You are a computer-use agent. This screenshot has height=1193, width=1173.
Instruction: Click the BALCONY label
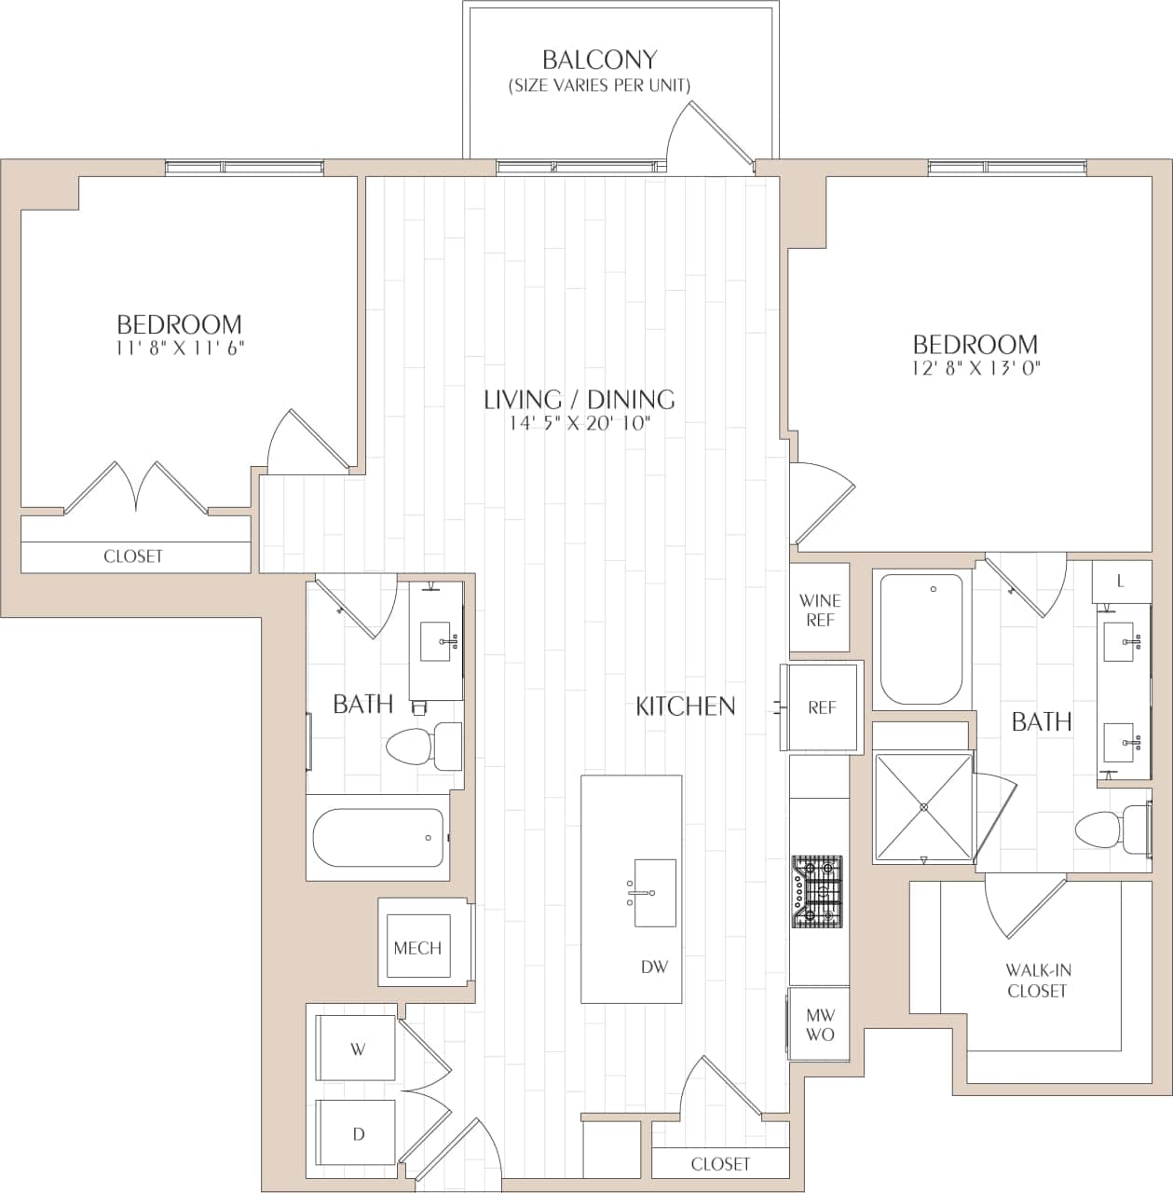(599, 61)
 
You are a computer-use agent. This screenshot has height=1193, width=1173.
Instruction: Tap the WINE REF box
(819, 610)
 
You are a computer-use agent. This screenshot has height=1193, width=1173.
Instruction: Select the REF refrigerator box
(822, 707)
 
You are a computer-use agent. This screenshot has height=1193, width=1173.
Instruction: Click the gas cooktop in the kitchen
(817, 893)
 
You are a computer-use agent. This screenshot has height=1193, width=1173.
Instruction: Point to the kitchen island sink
(654, 893)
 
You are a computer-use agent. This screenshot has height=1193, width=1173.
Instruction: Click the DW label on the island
(654, 967)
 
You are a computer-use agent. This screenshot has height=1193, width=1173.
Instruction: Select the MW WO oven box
(820, 1024)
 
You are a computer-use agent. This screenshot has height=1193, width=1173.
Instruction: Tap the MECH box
(417, 948)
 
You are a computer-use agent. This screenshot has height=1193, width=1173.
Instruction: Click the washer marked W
(357, 1049)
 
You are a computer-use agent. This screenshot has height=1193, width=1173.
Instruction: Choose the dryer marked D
(357, 1133)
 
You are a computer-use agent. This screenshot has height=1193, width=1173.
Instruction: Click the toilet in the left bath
(424, 747)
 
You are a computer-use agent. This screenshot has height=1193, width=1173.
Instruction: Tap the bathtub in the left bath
(378, 837)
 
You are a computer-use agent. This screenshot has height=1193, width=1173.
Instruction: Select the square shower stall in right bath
(923, 807)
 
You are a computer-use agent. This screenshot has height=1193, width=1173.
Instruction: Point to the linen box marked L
(1120, 581)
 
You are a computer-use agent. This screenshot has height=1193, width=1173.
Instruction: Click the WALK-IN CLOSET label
(1036, 980)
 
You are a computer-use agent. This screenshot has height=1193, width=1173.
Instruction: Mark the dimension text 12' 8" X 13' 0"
(975, 367)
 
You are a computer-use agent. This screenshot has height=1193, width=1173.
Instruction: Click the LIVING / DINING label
(579, 400)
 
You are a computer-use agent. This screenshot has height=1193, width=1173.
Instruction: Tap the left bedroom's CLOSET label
(133, 556)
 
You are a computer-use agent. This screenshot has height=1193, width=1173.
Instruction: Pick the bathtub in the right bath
(921, 639)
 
